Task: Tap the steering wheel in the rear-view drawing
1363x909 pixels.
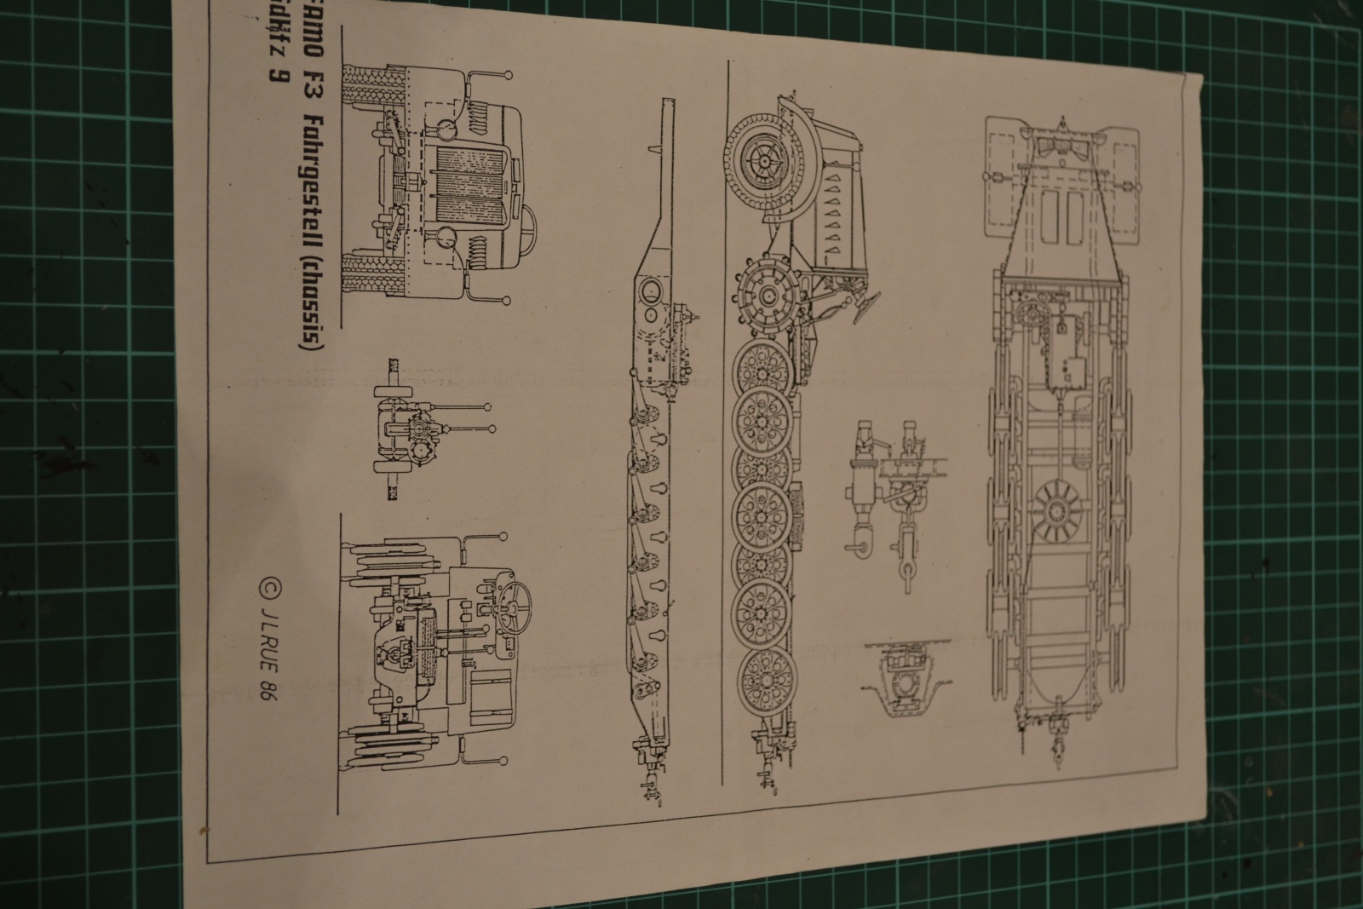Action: click(x=516, y=604)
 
